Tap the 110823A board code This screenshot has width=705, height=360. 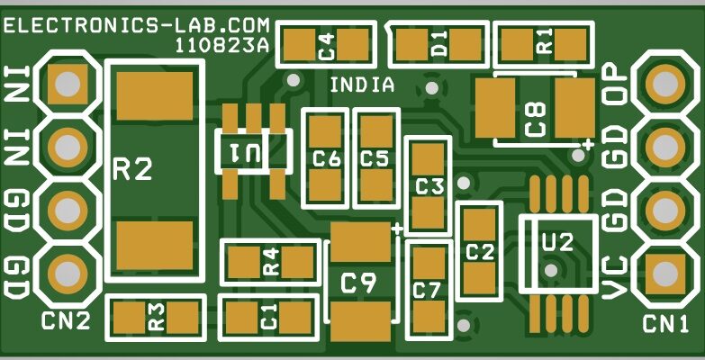click(x=221, y=43)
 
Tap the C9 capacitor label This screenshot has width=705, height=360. click(x=358, y=283)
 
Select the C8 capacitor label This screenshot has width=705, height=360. click(x=536, y=118)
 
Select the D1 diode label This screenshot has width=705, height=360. click(x=438, y=42)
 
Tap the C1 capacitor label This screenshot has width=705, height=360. click(x=268, y=316)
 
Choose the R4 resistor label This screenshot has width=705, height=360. click(x=270, y=263)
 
